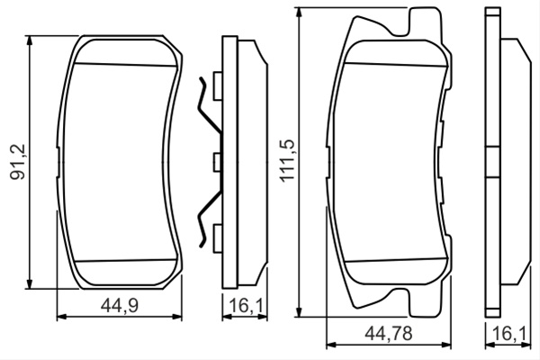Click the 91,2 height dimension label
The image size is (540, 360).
[x=18, y=162]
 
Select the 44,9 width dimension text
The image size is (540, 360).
[x=120, y=305]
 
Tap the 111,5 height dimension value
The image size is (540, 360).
[x=287, y=160]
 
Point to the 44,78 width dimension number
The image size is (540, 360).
[x=389, y=334]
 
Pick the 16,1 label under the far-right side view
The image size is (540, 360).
[x=509, y=334]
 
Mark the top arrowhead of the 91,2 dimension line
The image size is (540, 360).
[x=30, y=40]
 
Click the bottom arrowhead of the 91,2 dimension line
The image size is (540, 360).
[x=30, y=283]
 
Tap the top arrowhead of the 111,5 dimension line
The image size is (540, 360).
[x=300, y=12]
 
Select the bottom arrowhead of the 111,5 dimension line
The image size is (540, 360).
[x=300, y=311]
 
